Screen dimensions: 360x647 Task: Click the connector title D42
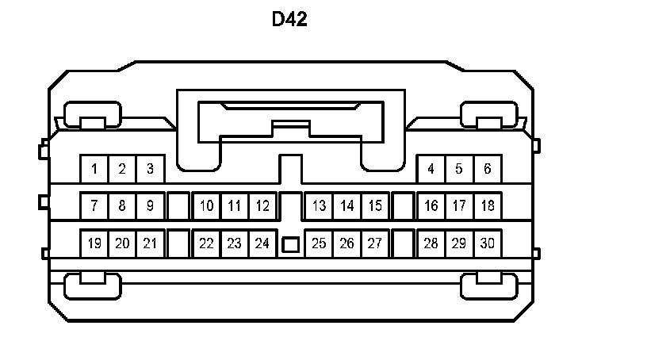tap(289, 20)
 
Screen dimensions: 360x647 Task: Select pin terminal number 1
tap(94, 168)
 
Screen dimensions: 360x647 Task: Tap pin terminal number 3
tap(150, 168)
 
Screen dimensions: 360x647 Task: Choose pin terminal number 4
tap(431, 168)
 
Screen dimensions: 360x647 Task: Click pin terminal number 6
tap(487, 168)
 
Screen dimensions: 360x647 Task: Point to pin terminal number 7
tap(94, 206)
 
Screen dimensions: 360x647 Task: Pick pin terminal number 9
tap(150, 206)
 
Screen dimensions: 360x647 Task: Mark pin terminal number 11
tap(234, 206)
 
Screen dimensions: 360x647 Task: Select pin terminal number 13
tap(319, 206)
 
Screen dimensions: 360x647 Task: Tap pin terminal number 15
tap(375, 206)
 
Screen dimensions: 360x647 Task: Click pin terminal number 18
tap(487, 206)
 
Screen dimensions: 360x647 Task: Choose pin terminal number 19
tap(94, 243)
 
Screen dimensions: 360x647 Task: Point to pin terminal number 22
tap(206, 243)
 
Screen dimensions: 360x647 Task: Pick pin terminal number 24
tap(262, 243)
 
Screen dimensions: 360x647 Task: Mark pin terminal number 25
tap(319, 243)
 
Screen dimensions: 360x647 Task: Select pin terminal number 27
tap(375, 243)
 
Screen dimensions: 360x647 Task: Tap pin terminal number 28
tap(431, 243)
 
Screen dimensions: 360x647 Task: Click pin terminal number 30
tap(487, 243)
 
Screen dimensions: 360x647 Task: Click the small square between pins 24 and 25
tap(290, 245)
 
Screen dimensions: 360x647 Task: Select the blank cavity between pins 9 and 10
tap(178, 206)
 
